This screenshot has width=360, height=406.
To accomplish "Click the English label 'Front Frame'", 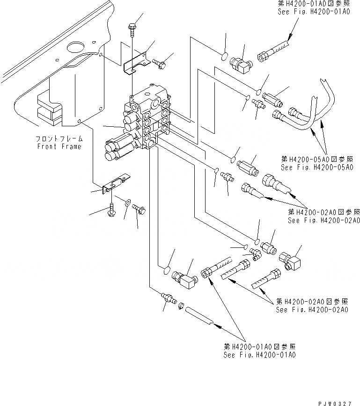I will pyautogui.click(x=59, y=146).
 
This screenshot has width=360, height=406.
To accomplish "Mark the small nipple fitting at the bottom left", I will pyautogui.click(x=167, y=298).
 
